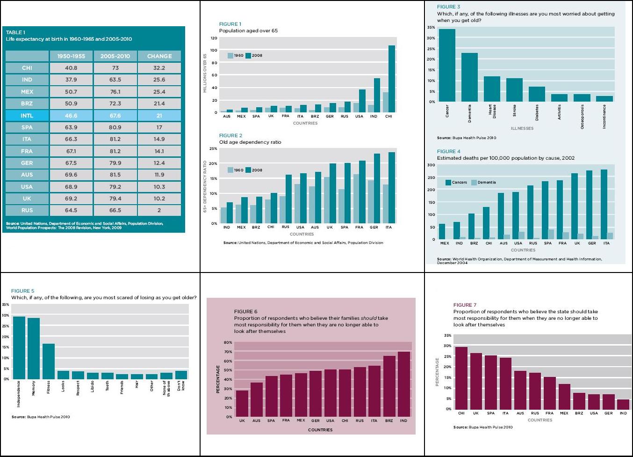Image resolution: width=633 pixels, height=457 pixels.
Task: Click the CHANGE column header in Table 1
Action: (x=159, y=56)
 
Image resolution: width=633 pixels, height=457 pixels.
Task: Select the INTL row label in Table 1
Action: (x=27, y=116)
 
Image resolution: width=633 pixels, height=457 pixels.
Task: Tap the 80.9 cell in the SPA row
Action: (x=115, y=127)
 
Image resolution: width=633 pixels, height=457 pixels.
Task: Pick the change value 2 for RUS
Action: (x=159, y=210)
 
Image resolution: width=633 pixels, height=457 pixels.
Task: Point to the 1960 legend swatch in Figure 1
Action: (x=230, y=56)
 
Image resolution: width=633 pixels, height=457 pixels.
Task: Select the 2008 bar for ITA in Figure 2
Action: (x=391, y=188)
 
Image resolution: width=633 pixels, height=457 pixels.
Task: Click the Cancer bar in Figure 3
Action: (x=447, y=66)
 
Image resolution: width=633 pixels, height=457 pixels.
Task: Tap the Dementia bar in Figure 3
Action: (x=469, y=77)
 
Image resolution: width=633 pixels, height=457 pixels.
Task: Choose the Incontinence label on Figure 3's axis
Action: (x=604, y=117)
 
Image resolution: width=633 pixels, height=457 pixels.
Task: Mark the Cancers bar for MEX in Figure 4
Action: (x=442, y=232)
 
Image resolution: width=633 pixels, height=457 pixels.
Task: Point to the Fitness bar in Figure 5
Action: (x=49, y=361)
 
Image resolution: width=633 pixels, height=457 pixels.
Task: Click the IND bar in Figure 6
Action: (x=403, y=384)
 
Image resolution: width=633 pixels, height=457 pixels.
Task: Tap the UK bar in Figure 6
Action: (x=242, y=404)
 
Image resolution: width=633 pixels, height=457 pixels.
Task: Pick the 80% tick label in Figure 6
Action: (x=228, y=343)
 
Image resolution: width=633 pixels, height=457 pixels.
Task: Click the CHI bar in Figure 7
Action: (x=461, y=378)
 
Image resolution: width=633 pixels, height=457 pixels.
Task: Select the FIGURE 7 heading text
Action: (x=465, y=305)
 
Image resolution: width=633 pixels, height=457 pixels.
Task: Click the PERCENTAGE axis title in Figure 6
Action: (x=218, y=379)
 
